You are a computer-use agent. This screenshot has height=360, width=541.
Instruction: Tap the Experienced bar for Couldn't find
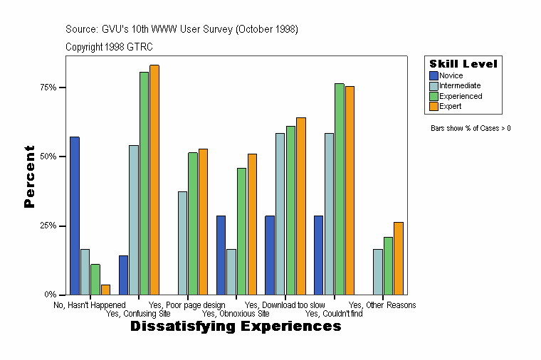tap(340, 189)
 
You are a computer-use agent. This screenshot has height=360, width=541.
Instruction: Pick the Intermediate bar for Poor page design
tap(183, 243)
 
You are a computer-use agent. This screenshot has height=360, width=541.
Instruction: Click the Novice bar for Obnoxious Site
tap(221, 255)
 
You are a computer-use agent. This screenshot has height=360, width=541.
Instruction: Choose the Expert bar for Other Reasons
tap(399, 258)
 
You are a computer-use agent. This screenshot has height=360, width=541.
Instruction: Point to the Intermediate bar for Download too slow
tap(280, 213)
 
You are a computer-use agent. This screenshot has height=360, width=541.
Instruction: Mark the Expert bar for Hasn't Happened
tap(105, 290)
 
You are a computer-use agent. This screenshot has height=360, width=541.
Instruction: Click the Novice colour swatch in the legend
tap(434, 75)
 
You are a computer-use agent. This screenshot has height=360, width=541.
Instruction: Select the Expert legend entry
tap(450, 106)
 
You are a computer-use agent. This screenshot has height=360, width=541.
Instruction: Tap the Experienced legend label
tap(460, 96)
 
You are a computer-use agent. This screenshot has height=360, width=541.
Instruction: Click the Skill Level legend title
tap(463, 64)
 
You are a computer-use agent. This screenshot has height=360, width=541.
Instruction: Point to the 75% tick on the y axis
tap(63, 88)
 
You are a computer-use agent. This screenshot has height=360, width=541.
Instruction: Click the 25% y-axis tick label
tap(48, 226)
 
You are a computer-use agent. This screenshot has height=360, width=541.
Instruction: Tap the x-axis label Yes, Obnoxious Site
tap(236, 313)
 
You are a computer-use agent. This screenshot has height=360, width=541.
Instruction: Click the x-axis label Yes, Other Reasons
tap(382, 305)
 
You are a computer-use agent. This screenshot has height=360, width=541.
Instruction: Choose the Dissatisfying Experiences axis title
tap(236, 327)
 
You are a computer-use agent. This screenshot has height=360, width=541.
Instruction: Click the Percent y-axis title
tap(29, 176)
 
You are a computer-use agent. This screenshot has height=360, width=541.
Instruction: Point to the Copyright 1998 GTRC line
tap(109, 47)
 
